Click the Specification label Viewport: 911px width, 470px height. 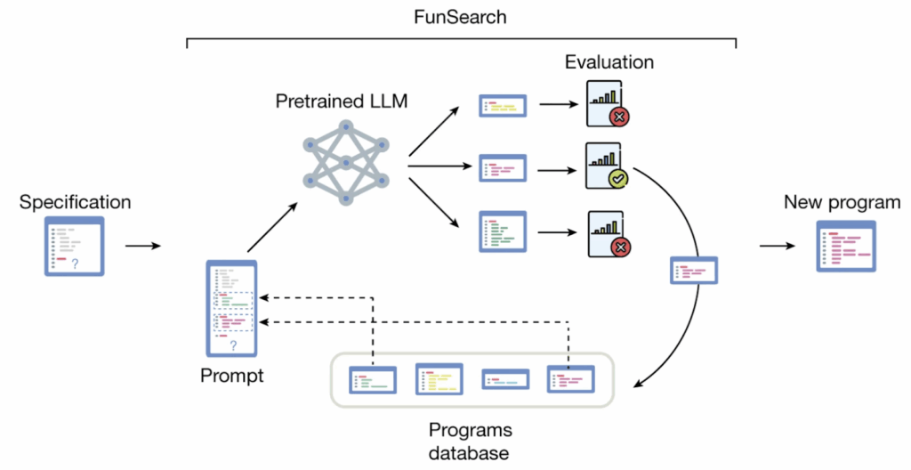click(x=75, y=202)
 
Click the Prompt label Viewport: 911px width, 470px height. click(x=232, y=376)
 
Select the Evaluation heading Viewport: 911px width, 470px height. click(x=609, y=63)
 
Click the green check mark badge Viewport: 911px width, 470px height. click(x=618, y=181)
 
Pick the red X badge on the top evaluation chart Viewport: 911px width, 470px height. click(x=617, y=117)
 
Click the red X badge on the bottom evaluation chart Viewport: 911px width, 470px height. click(x=617, y=245)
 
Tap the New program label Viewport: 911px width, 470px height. click(x=842, y=202)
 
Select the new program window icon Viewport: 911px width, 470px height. click(x=846, y=246)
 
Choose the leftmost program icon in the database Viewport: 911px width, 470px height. click(x=373, y=379)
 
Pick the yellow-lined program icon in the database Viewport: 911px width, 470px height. click(x=439, y=378)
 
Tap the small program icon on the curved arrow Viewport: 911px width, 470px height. click(x=693, y=270)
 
